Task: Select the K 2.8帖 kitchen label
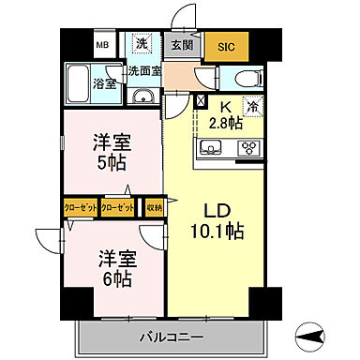click(225, 114)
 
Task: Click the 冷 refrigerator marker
click(252, 106)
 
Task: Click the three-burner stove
click(249, 146)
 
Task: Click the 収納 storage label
click(154, 207)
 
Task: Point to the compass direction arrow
click(310, 333)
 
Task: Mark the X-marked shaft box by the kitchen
click(201, 103)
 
